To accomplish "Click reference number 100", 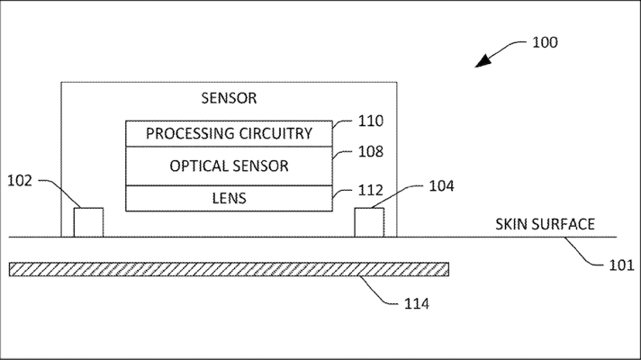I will (545, 42).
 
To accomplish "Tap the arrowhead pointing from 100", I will (483, 60).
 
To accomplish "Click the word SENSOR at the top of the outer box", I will (229, 97).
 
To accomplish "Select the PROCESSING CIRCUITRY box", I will (229, 133).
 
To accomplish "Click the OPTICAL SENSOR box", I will (229, 166).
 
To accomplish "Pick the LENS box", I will (229, 197).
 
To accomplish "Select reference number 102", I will (19, 181).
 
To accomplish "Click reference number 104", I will (441, 185).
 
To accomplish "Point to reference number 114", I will (415, 303).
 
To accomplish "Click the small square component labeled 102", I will (88, 221).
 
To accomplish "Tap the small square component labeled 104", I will (369, 221).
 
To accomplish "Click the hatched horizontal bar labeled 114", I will (229, 268).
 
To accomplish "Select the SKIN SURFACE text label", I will (545, 224).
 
